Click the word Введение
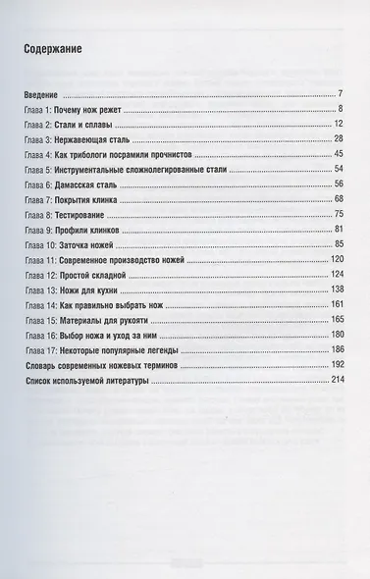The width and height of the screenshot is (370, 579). [42, 94]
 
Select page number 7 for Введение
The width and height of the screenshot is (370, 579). [338, 94]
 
